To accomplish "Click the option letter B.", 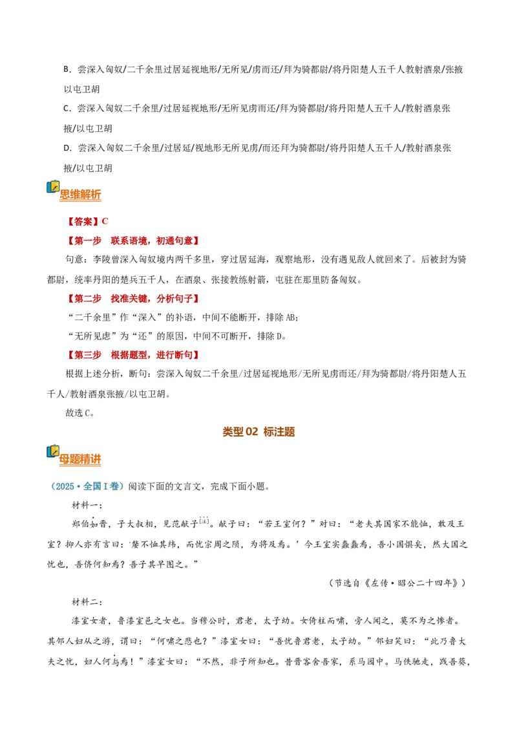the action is coord(67,70).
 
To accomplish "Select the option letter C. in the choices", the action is coord(67,109).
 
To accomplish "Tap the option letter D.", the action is coord(67,149).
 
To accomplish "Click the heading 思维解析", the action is coord(80,195).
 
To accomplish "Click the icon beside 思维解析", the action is coord(53,187).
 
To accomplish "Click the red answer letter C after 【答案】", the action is coord(105,221).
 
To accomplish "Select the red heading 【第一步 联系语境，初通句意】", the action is coord(133,241).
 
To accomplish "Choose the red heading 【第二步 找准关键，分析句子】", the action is coord(133,299).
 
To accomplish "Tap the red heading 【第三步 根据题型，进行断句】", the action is coord(133,355).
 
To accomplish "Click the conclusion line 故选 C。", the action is coord(79,413).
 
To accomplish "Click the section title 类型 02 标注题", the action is coord(258,432).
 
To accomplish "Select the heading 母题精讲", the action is coord(80,459).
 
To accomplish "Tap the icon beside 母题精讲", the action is coord(53,451).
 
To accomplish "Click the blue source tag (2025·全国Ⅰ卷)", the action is coord(87,486).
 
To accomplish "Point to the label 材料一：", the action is coord(87,505).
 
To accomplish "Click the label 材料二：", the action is coord(87,602).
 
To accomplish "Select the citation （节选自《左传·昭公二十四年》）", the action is coord(397,583).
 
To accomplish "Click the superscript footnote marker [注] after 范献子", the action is coord(204,521).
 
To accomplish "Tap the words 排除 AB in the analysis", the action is coord(280,318).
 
